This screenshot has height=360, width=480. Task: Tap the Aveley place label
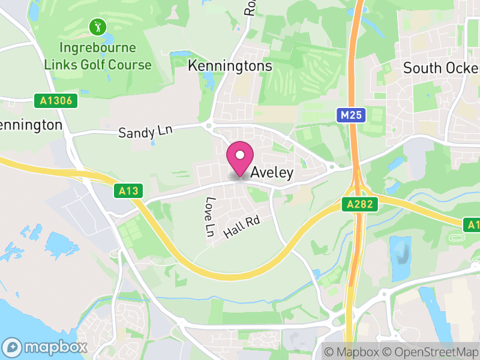coord(272,173)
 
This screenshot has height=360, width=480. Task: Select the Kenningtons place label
coord(230,66)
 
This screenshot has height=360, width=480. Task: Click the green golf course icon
coord(98,26)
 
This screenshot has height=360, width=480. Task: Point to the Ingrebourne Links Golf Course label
coord(98,56)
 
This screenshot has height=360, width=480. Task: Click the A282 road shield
coord(362,205)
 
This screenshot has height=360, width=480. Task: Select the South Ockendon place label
coord(441,68)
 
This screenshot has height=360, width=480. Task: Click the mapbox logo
coord(44,347)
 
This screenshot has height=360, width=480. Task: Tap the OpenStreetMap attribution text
coord(433,352)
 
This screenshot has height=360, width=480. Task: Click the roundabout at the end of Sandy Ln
coord(209,125)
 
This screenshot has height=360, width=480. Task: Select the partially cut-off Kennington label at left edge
coord(31,125)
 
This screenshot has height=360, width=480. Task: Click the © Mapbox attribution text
coord(352,352)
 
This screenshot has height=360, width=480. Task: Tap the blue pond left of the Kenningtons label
coord(178,56)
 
